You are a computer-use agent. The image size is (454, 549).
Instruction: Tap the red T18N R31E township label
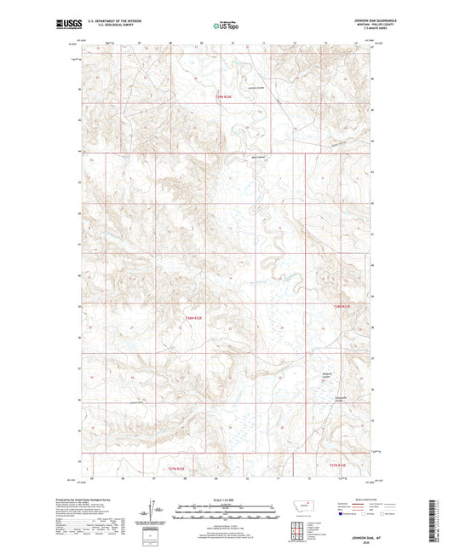tap(195, 317)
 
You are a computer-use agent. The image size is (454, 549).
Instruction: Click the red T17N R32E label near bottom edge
tap(338, 465)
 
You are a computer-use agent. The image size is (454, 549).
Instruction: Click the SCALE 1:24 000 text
tap(227, 499)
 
